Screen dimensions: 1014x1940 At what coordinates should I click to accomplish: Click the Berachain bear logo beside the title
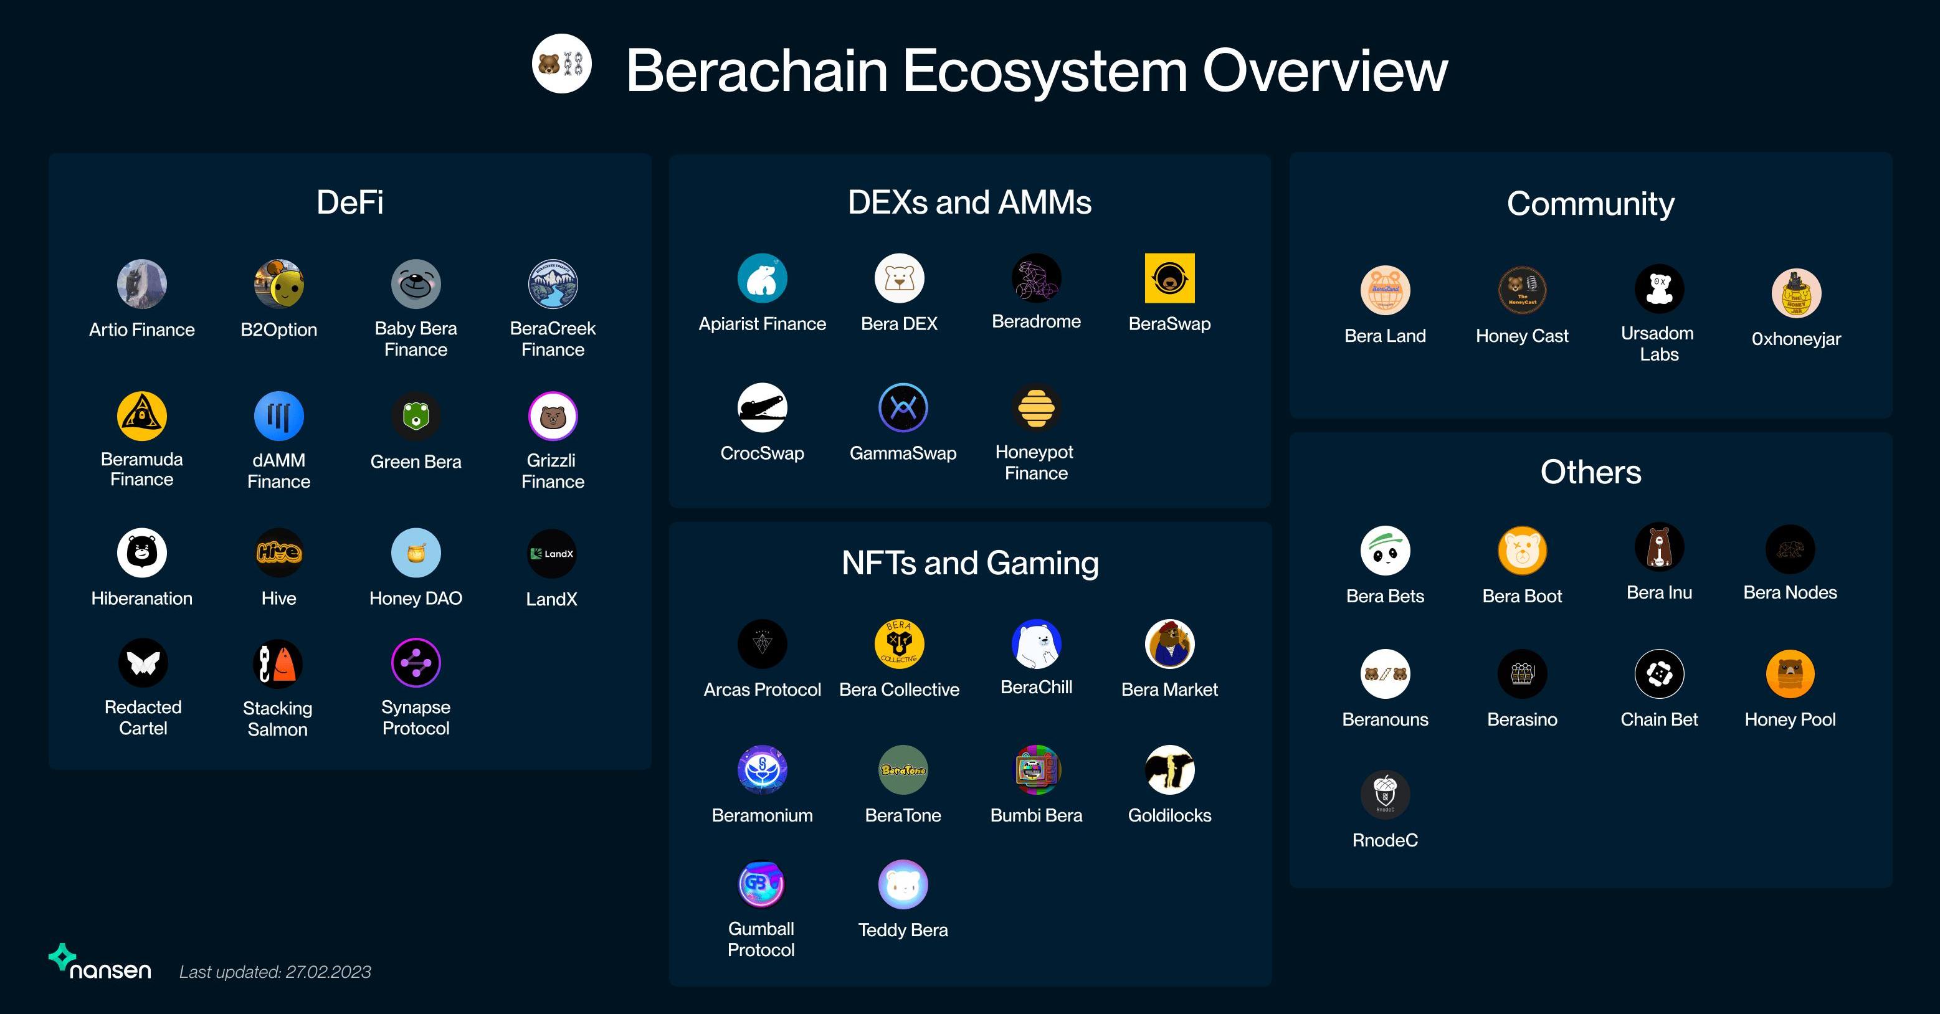click(561, 64)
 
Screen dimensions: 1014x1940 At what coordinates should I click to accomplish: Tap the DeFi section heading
click(349, 202)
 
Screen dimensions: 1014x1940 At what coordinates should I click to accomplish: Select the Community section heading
click(1591, 203)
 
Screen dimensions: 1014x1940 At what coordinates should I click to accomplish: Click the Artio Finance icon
click(141, 285)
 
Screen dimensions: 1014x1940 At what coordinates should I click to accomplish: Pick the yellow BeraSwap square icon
click(1169, 278)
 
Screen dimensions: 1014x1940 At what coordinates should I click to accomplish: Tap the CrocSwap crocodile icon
click(762, 408)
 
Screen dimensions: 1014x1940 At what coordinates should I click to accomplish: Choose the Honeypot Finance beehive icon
click(1036, 407)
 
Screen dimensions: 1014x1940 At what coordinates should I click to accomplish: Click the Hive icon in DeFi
click(278, 552)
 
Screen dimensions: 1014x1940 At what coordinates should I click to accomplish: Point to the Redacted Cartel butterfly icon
click(142, 663)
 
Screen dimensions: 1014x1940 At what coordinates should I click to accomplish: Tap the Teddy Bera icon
click(903, 884)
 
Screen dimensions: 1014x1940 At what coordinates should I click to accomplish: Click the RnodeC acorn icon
click(1385, 794)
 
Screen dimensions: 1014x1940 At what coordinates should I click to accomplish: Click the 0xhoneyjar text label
click(1796, 339)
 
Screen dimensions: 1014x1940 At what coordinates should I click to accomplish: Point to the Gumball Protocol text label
click(761, 939)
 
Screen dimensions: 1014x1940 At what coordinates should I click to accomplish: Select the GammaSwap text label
click(903, 453)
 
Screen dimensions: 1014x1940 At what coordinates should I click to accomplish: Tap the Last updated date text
click(275, 972)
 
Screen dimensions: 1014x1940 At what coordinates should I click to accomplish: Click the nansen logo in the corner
click(100, 963)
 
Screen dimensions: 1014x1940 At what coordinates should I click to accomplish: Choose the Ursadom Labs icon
click(1659, 289)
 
